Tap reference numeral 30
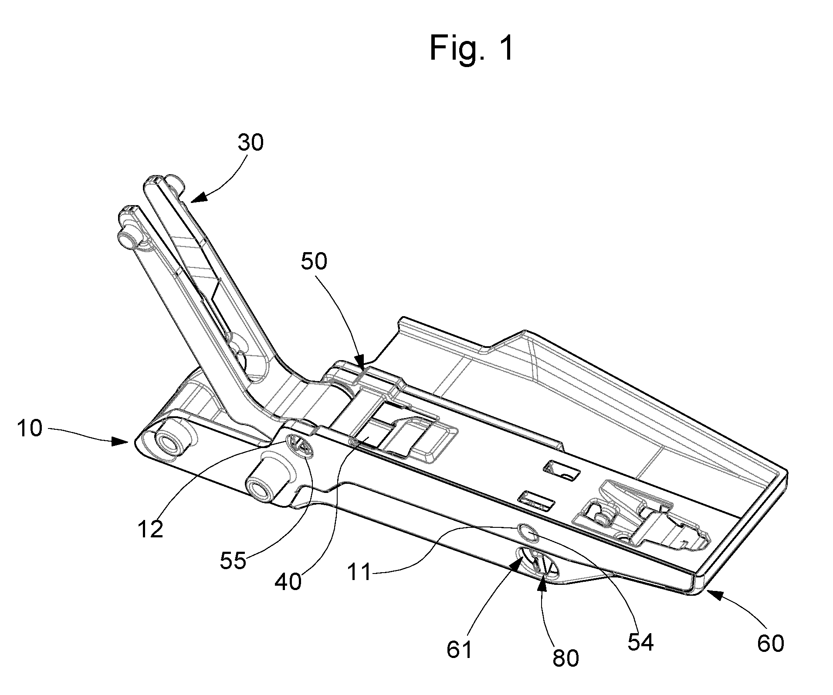251,142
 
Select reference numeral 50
314,262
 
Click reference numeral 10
30,428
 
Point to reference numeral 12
150,529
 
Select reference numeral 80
566,658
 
